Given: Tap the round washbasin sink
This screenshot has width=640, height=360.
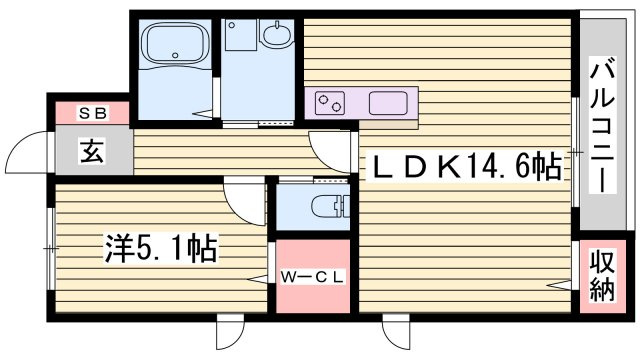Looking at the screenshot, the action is click(277, 34).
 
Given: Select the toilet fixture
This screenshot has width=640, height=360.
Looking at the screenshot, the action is click(331, 206).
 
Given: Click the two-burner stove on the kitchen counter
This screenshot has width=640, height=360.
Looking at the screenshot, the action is click(330, 102).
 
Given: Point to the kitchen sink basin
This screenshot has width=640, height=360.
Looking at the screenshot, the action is click(388, 103).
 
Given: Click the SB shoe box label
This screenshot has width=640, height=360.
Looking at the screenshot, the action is click(93, 113).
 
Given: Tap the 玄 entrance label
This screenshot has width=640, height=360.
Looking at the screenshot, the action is click(92, 151).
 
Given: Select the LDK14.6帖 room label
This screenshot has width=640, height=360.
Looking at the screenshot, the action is click(463, 167).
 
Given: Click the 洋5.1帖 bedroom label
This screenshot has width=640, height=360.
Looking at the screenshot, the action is click(161, 248).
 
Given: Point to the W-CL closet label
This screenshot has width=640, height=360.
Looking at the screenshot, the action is click(313, 277).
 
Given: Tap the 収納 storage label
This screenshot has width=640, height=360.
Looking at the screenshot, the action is click(602, 275).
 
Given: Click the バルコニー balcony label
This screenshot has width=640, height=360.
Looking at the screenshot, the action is click(603, 126).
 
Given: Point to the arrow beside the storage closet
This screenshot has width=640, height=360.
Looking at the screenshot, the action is click(559, 284).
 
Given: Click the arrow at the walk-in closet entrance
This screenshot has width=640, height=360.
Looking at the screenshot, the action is click(259, 279).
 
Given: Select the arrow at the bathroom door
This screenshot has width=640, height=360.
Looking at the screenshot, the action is click(203, 114).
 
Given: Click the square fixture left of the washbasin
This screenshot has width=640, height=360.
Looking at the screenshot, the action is click(241, 35).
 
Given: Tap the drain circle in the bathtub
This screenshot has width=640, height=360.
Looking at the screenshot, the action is click(176, 55).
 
